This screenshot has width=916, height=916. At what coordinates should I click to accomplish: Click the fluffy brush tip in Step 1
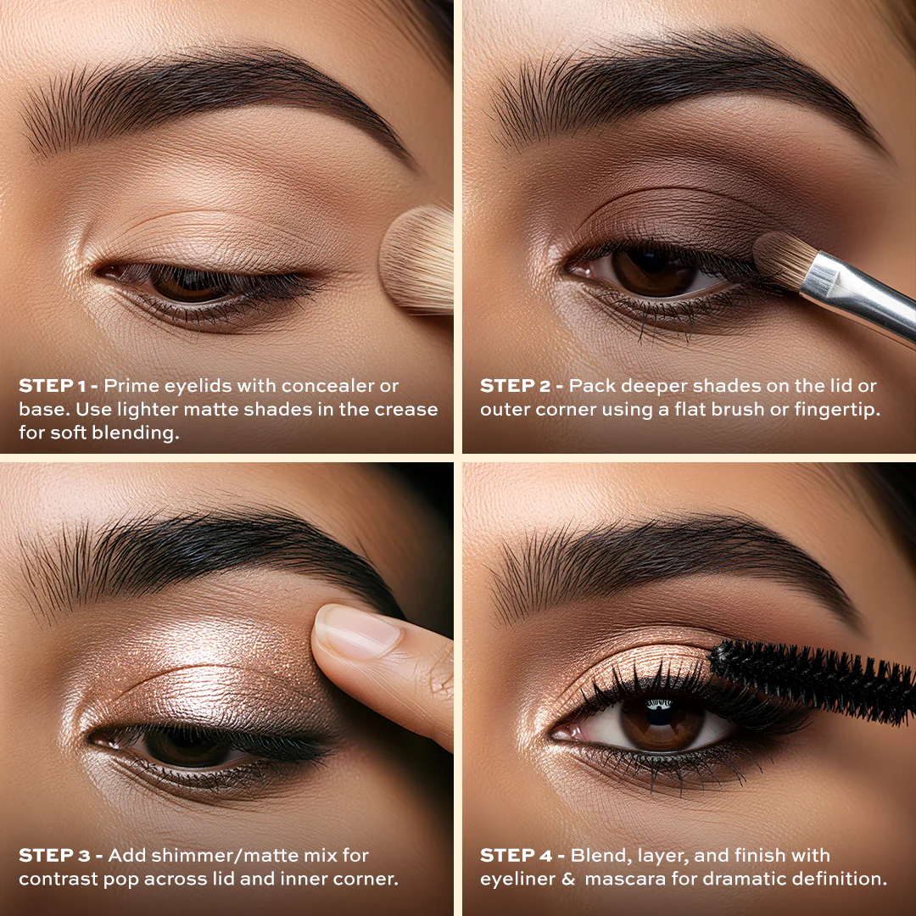418,260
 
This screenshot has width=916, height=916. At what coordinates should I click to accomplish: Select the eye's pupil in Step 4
660,712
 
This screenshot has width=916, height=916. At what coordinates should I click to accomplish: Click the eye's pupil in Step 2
650,261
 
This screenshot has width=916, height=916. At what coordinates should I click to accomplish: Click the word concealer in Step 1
328,386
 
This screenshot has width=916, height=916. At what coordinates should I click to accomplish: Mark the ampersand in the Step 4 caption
568,880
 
